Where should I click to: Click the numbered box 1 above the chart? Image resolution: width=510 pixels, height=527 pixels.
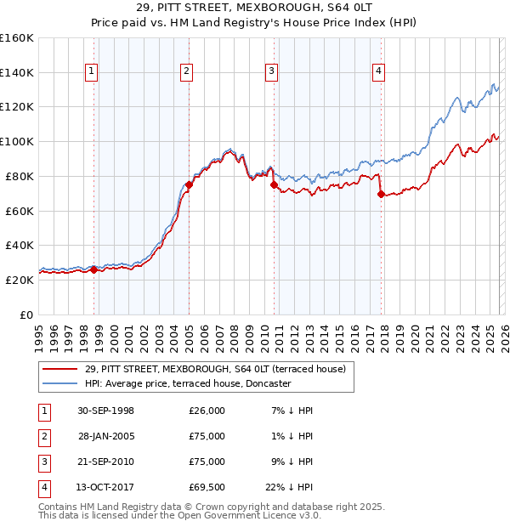tap(91, 72)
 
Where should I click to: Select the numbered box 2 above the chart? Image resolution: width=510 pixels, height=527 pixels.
tap(185, 72)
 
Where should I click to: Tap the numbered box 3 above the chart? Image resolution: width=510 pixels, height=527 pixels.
tap(270, 72)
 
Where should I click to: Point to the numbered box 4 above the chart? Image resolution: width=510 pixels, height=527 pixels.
tap(377, 72)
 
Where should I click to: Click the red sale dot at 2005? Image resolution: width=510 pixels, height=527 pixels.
tap(189, 184)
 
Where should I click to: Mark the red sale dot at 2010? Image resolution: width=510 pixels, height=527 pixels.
tap(274, 184)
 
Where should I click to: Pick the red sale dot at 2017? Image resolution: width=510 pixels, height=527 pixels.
tap(380, 194)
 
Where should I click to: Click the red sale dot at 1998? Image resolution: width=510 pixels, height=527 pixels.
tap(94, 269)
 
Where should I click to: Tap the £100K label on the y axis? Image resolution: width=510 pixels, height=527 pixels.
tap(17, 141)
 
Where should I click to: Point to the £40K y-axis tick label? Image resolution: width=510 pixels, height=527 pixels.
tap(20, 245)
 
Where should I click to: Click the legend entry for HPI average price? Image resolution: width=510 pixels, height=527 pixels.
tap(188, 383)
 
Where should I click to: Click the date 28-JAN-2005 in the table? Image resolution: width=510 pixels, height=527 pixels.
tap(105, 436)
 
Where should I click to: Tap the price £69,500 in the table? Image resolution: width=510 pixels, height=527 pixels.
tap(207, 487)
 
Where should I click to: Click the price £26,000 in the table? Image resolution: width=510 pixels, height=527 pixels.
tap(207, 411)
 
